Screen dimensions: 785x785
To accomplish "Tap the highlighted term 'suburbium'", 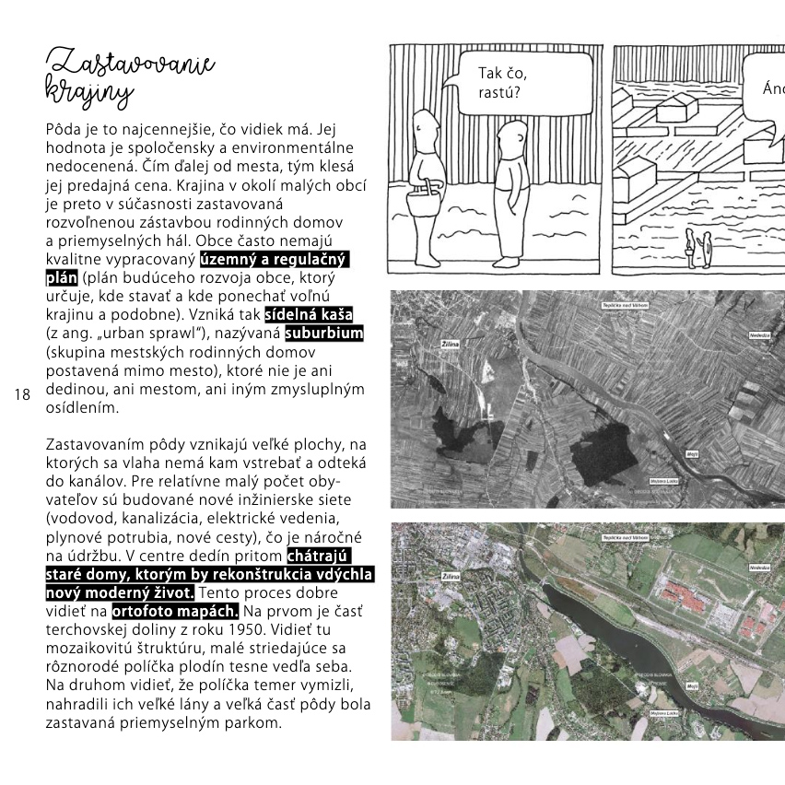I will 323,333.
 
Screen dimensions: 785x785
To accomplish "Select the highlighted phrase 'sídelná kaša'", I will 309,314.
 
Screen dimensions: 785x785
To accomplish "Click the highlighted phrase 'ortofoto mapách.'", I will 175,611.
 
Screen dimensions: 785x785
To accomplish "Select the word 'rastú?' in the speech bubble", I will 498,92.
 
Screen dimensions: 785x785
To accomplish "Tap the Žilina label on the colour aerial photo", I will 451,577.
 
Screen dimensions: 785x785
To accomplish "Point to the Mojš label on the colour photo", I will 691,686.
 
